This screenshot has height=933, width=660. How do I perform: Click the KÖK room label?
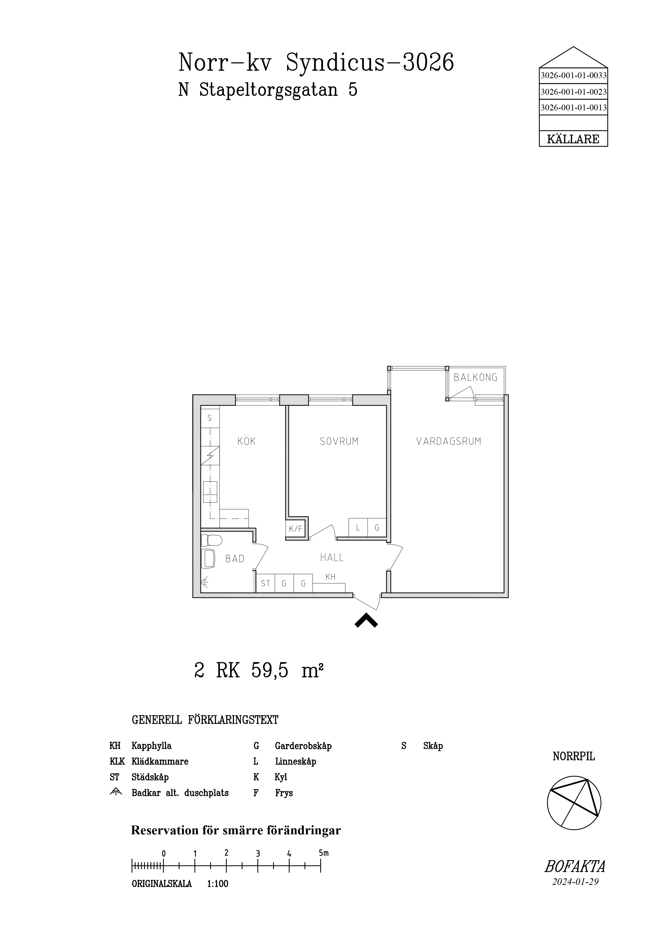coord(247,441)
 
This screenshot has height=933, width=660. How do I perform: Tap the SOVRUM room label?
coord(339,441)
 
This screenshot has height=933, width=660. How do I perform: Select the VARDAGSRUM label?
coord(449,441)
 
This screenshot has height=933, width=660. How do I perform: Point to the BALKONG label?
coord(475,377)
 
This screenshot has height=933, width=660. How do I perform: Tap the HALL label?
coord(332,557)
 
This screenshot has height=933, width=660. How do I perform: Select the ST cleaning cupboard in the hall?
coord(265,584)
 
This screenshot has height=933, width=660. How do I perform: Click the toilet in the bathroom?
coord(212,540)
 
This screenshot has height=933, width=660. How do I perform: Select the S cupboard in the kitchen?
coord(210,418)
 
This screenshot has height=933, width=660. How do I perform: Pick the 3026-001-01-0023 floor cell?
coord(573,92)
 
